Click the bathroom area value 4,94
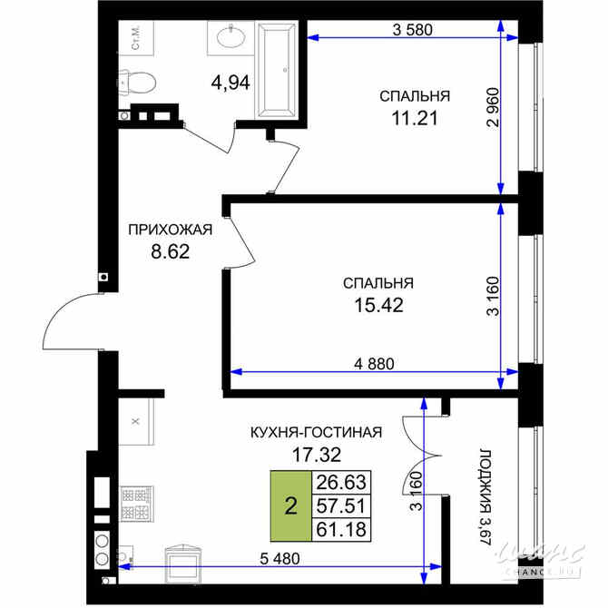[230, 83]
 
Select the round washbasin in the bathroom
[230, 37]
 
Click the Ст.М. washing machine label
[136, 38]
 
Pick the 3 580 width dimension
[412, 29]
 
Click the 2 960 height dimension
[493, 108]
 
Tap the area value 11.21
[415, 118]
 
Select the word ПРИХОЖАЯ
[171, 230]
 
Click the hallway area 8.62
[171, 251]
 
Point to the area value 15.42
[378, 305]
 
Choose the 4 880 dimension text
[374, 364]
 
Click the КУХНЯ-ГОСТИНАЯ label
[317, 432]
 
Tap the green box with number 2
[290, 505]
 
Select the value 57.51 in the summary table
[341, 505]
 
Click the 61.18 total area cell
[341, 529]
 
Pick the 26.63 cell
[341, 483]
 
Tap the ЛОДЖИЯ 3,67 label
[485, 497]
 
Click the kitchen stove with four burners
[136, 504]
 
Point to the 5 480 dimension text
[279, 559]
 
